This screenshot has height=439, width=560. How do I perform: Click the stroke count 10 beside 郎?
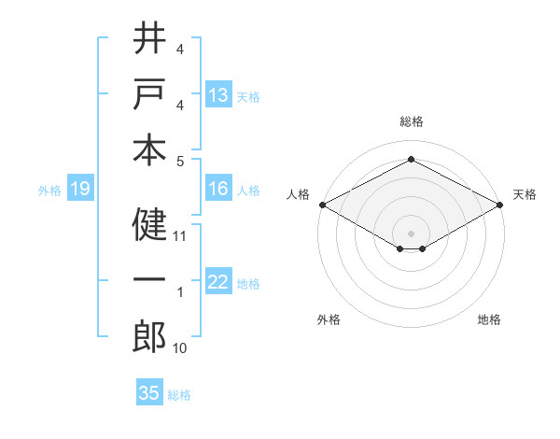pyautogui.click(x=180, y=348)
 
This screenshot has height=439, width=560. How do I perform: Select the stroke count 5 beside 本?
pyautogui.click(x=180, y=160)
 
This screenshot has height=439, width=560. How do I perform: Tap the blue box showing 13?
pyautogui.click(x=218, y=95)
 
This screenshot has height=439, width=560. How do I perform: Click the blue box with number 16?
pyautogui.click(x=218, y=189)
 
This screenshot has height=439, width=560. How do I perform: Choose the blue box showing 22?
pyautogui.click(x=218, y=282)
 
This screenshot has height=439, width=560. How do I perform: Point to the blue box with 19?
pyautogui.click(x=80, y=190)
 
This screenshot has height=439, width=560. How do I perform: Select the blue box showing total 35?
pyautogui.click(x=149, y=393)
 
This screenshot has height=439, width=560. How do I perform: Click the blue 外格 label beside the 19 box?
pyautogui.click(x=49, y=191)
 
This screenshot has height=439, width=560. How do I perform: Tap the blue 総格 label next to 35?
pyautogui.click(x=179, y=395)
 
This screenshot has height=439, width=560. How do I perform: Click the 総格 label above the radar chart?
pyautogui.click(x=412, y=121)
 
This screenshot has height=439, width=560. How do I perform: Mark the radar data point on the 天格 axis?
pyautogui.click(x=501, y=205)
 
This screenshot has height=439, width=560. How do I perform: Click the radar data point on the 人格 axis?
pyautogui.click(x=322, y=205)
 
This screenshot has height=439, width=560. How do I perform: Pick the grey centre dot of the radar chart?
pyautogui.click(x=412, y=233)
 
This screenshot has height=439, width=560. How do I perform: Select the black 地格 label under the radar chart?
pyautogui.click(x=489, y=320)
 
